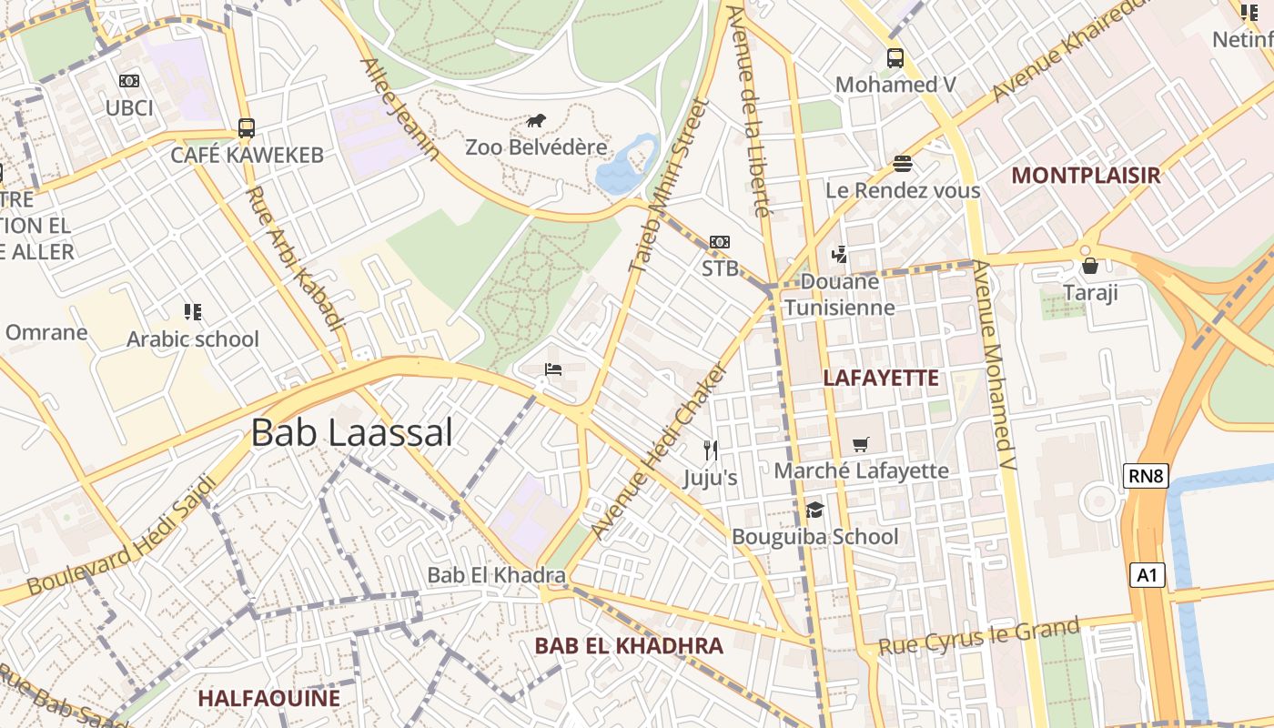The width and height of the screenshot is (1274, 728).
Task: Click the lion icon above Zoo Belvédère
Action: (537, 121)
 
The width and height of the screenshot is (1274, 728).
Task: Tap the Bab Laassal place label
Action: (351, 432)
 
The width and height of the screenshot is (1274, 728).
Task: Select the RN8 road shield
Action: (1145, 475)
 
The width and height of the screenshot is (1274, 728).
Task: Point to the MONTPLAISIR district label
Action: (1086, 176)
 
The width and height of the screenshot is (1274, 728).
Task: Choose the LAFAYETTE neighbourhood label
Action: (880, 379)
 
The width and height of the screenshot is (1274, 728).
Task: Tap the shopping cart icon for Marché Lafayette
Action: (860, 445)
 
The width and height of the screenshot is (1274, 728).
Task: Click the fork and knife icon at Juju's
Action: (711, 450)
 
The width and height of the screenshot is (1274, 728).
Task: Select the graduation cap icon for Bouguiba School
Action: (814, 511)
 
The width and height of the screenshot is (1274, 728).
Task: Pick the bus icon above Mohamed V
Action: (895, 58)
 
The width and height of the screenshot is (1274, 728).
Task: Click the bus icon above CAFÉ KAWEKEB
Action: (247, 128)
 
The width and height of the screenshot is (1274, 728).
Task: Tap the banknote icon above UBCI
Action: (129, 81)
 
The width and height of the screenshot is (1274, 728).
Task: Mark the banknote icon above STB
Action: (720, 242)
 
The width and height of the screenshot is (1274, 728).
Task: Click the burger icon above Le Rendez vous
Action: (903, 164)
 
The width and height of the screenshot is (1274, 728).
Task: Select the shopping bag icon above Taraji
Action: (1090, 266)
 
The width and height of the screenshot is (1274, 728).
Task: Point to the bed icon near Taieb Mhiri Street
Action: (552, 369)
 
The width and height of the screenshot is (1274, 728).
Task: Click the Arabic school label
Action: (193, 339)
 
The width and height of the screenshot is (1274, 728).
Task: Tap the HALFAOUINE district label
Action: (268, 699)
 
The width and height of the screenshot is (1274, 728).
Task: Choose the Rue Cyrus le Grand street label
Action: (978, 636)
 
